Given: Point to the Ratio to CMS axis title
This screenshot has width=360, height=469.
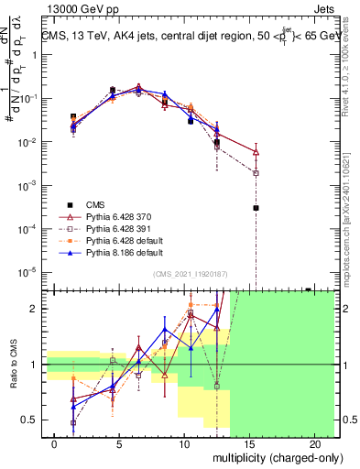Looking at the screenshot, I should tap(14, 366).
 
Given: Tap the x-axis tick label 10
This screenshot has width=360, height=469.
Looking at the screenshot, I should tap(184, 442).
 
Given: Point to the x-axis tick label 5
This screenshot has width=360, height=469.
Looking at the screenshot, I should tap(120, 442).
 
